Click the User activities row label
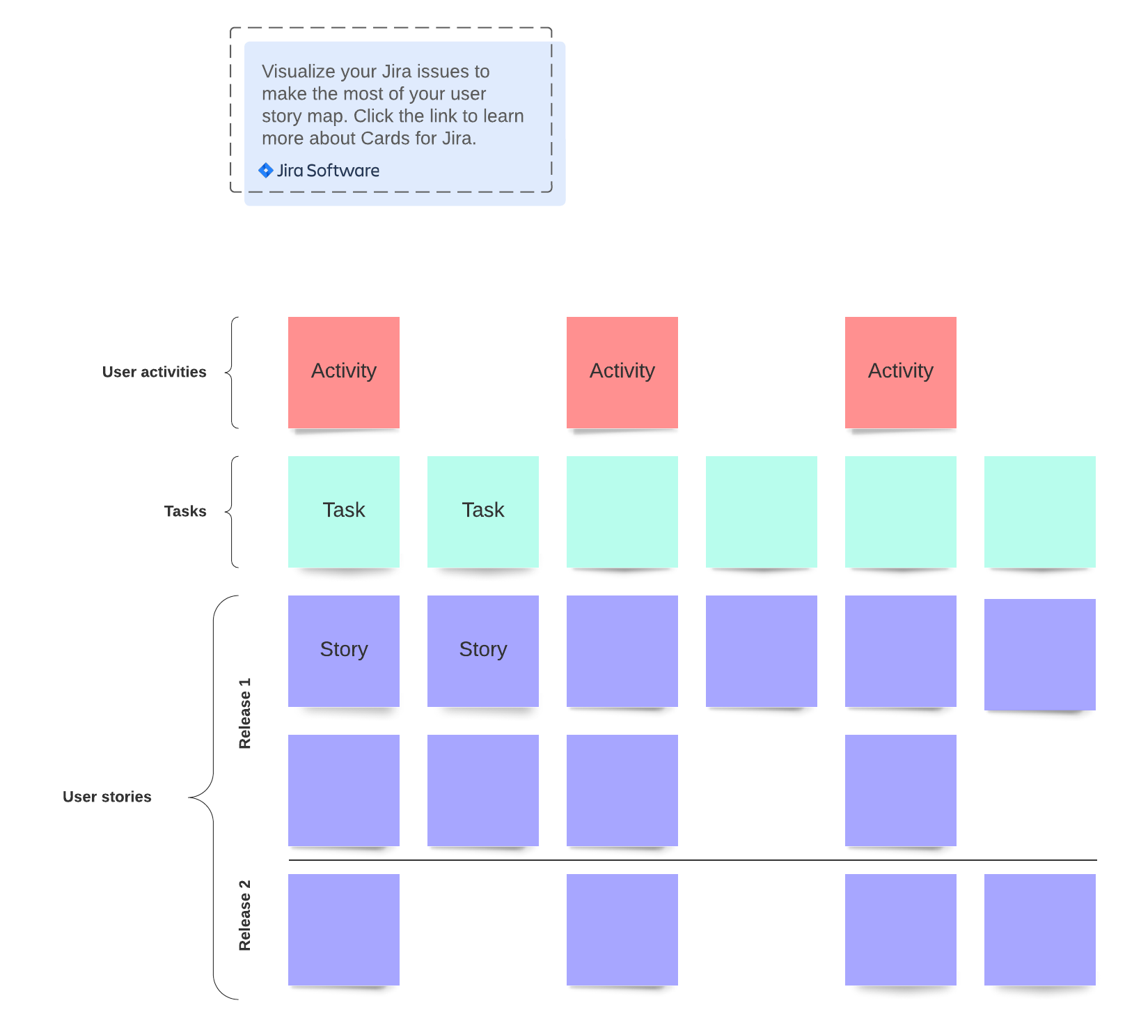click(154, 372)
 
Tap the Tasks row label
click(185, 511)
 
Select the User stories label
click(107, 797)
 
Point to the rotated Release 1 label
click(244, 713)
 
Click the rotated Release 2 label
click(244, 915)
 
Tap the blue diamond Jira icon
click(266, 171)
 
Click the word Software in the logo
click(343, 171)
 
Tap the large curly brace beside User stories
click(209, 797)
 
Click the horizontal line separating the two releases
click(692, 860)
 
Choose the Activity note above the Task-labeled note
click(344, 372)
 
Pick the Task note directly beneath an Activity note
click(344, 511)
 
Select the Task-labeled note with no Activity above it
click(483, 511)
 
